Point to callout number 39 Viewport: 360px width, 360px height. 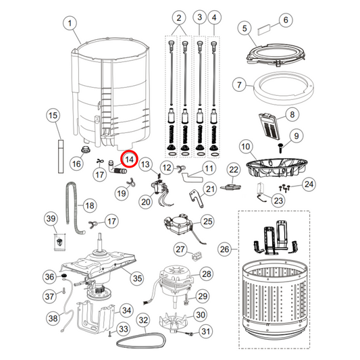pos(51,218)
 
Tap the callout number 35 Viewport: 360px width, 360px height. pos(137,278)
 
